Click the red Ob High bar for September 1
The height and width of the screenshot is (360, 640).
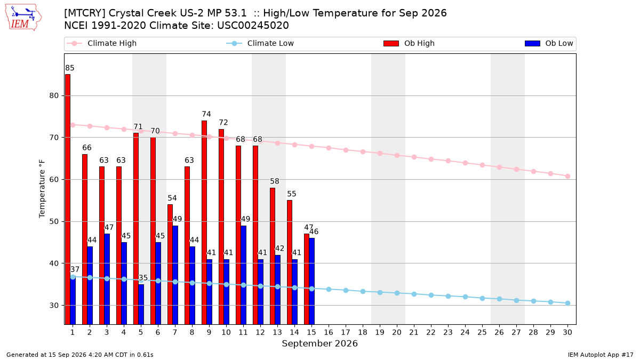coord(68,199)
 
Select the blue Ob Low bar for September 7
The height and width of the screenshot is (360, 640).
coord(175,275)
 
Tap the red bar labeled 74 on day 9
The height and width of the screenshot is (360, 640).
coord(204,222)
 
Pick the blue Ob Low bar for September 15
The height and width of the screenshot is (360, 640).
coord(311,281)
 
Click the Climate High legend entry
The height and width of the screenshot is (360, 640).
coord(102,43)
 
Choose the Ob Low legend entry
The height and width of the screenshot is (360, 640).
coord(549,43)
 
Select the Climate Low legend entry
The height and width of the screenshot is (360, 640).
coord(260,43)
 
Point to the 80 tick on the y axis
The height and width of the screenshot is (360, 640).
coord(54,95)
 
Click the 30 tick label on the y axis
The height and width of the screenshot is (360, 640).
coord(54,306)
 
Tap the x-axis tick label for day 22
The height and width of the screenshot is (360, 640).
coord(431,332)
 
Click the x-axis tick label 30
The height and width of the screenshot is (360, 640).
coord(567,332)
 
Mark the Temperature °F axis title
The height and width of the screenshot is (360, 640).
coord(42,189)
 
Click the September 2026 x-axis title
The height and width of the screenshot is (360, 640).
coord(319,343)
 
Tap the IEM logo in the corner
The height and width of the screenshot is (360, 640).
coord(23,18)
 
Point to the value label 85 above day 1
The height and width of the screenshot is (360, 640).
coord(70,68)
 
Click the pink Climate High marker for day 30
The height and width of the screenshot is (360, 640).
coord(567,177)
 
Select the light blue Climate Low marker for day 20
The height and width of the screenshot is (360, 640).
coord(397,293)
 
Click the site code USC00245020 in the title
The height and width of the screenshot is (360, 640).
coord(253,26)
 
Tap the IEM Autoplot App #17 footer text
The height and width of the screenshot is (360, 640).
coord(601,355)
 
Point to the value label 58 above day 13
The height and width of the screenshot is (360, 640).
coord(275,181)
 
